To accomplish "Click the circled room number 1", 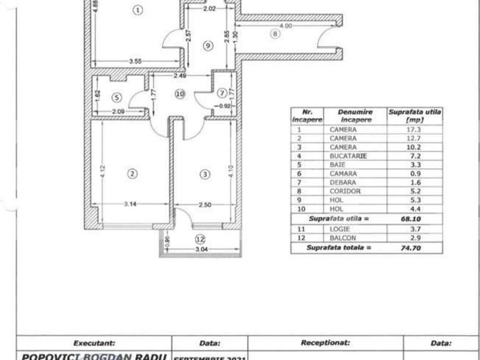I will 138,9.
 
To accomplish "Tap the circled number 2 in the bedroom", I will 132,174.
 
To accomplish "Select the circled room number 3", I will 204,174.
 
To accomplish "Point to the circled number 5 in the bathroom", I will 117,97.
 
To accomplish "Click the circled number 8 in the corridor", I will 275,34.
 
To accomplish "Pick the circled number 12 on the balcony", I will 199,239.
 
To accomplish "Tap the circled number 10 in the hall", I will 180,94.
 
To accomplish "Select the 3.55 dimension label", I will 135,61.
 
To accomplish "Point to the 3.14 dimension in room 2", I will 129,204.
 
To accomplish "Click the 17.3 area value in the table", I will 415,129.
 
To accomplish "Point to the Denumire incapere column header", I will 355,116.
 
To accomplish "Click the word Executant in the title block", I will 95,343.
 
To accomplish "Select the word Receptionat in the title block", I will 325,343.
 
